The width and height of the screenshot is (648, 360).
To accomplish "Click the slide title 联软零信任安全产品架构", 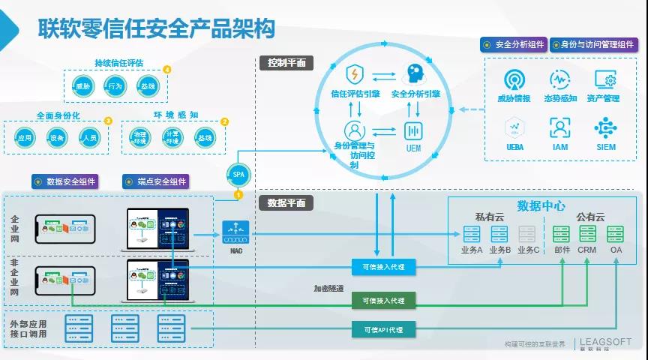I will (156, 28).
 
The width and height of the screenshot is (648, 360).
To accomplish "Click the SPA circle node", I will (238, 175).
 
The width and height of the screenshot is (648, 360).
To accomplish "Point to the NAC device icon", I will (236, 229).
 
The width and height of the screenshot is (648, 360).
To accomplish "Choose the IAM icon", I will (560, 127).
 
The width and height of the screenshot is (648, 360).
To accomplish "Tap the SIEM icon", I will (605, 127).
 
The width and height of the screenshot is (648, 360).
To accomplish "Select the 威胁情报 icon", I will (514, 79).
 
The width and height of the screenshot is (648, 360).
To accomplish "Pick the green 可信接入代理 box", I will (383, 300).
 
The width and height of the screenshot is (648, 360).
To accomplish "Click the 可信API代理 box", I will (383, 329).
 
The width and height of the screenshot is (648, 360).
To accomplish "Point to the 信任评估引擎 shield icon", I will (355, 75).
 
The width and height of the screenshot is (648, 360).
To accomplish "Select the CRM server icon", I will (587, 233).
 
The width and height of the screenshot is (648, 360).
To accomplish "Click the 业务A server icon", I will (472, 233).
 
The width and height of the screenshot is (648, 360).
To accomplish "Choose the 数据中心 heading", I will (541, 205).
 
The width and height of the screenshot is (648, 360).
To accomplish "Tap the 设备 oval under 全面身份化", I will (57, 138).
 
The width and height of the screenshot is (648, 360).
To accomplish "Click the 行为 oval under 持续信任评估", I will (115, 87).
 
